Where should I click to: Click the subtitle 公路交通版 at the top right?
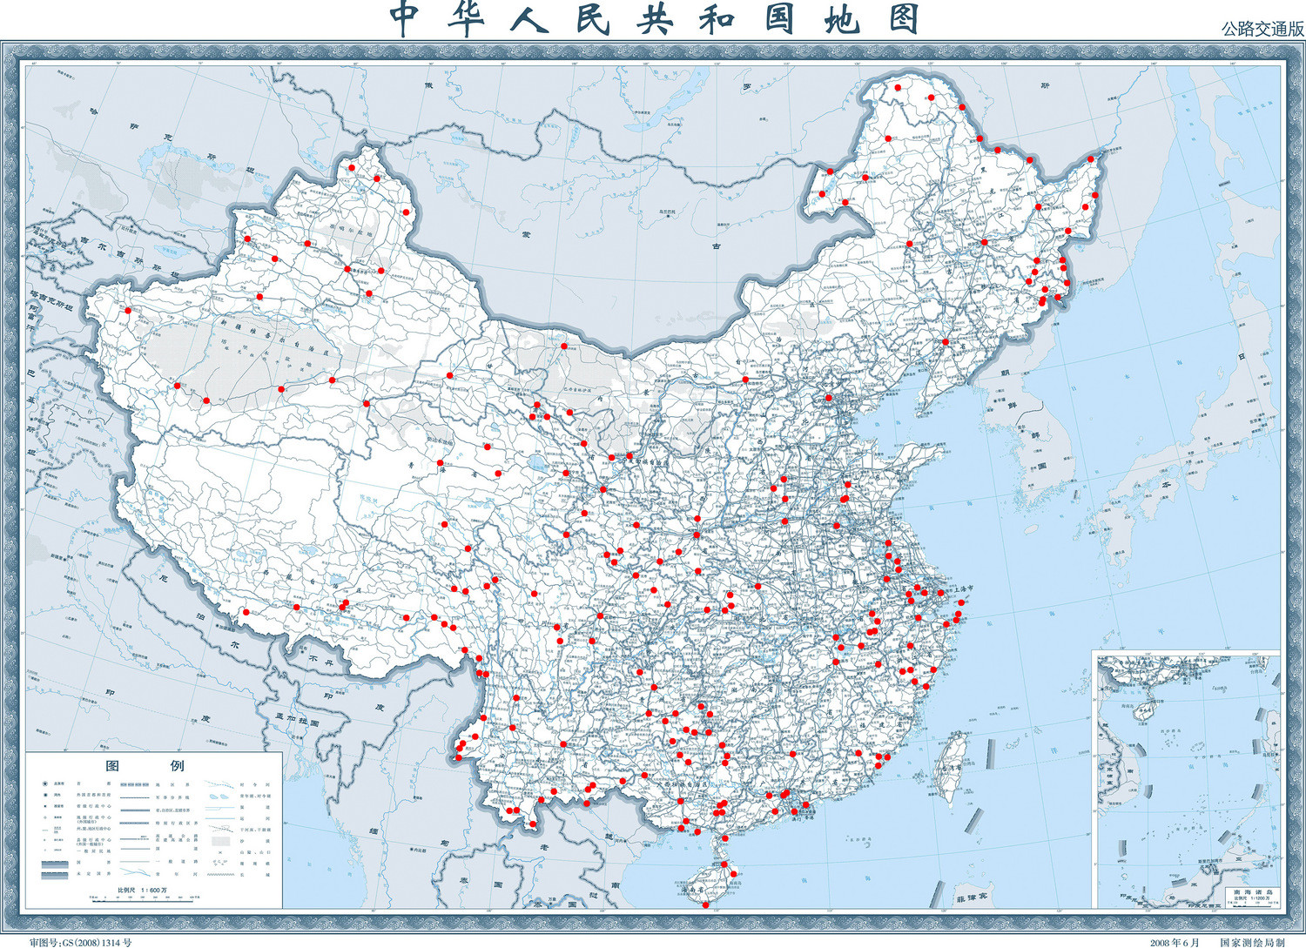coord(1262,28)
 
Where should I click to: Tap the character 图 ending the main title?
coord(905,19)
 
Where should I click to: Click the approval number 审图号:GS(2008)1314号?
coord(80,942)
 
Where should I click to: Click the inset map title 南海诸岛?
coord(1252,892)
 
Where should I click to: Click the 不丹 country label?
coord(322,661)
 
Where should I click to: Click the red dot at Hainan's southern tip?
coord(705,905)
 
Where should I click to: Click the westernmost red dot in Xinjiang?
coord(128,310)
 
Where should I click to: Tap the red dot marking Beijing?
coord(829,399)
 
